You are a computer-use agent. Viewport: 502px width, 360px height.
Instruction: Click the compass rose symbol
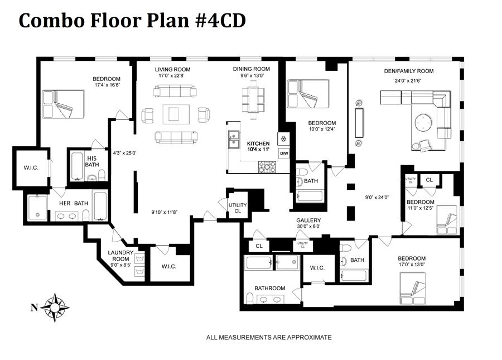(x=55, y=307)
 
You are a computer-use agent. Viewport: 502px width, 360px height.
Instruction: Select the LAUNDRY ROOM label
(x=120, y=255)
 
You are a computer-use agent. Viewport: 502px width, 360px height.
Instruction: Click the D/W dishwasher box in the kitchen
(x=284, y=153)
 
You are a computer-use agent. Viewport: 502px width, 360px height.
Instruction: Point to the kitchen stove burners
(x=267, y=166)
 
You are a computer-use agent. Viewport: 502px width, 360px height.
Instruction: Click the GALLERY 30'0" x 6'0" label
(x=308, y=224)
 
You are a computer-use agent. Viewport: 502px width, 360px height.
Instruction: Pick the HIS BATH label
(x=91, y=161)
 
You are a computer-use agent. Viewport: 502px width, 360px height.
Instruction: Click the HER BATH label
(x=74, y=203)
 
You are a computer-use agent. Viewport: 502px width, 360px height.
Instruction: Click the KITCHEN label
(x=258, y=143)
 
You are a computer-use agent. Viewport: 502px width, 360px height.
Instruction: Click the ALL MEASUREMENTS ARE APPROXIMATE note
(x=269, y=337)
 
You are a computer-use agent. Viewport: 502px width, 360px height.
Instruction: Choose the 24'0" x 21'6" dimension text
(x=408, y=80)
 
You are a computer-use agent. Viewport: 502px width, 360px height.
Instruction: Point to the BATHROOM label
(x=269, y=289)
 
